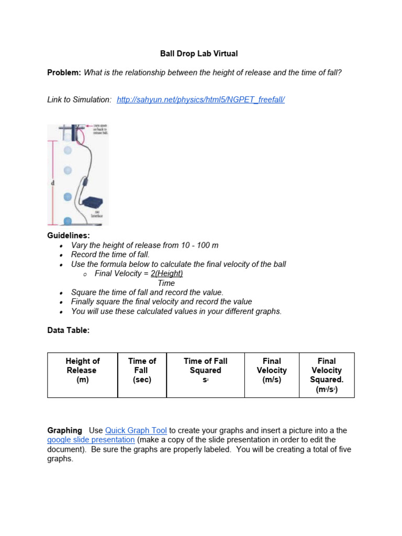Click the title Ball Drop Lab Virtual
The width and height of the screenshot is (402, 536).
(198, 53)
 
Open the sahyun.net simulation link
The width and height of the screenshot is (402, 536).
(200, 99)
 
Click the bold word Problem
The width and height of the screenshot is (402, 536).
(64, 73)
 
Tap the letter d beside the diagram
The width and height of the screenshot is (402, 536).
(52, 183)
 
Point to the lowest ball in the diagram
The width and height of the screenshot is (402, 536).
(68, 221)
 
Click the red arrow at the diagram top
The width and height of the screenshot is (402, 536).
(88, 127)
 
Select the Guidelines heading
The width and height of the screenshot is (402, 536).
(69, 236)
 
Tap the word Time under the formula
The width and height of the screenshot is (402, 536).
(166, 283)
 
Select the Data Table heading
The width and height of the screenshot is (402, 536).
(69, 330)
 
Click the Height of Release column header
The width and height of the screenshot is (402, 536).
(83, 371)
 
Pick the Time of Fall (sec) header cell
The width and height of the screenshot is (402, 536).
(142, 371)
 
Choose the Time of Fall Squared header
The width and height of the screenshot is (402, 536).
(206, 371)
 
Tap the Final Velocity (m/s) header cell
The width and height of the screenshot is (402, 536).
(272, 371)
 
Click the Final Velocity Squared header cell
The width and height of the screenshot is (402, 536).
(327, 375)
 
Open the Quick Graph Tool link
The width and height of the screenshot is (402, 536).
(136, 430)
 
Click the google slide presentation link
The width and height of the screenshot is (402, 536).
(91, 440)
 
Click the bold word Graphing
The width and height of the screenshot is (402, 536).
(65, 430)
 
